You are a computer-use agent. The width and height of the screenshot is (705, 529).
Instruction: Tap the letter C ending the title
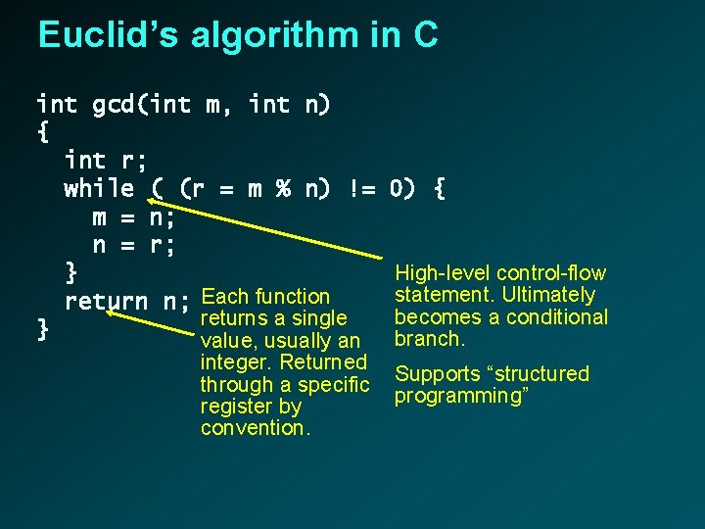[425, 35]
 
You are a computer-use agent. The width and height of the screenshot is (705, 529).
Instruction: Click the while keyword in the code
[99, 187]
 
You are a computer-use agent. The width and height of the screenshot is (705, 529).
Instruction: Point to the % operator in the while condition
[282, 187]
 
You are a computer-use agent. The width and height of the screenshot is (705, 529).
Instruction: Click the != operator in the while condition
[362, 187]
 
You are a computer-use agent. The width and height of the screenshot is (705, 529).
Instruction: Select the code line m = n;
[134, 216]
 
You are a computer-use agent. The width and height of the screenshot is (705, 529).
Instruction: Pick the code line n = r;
[134, 244]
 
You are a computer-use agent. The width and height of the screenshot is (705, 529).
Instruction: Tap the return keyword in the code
[106, 301]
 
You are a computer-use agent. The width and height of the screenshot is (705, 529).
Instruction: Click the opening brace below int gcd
[42, 131]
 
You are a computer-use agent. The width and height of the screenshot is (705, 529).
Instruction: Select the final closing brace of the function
[42, 329]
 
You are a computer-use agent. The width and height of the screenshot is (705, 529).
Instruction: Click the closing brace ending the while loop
[70, 271]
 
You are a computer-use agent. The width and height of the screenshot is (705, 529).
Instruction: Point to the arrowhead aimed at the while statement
[140, 200]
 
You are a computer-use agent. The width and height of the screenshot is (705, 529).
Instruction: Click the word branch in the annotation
[430, 339]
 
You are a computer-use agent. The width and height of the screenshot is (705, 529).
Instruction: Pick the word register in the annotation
[236, 407]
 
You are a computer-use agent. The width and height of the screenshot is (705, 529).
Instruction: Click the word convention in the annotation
[251, 428]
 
